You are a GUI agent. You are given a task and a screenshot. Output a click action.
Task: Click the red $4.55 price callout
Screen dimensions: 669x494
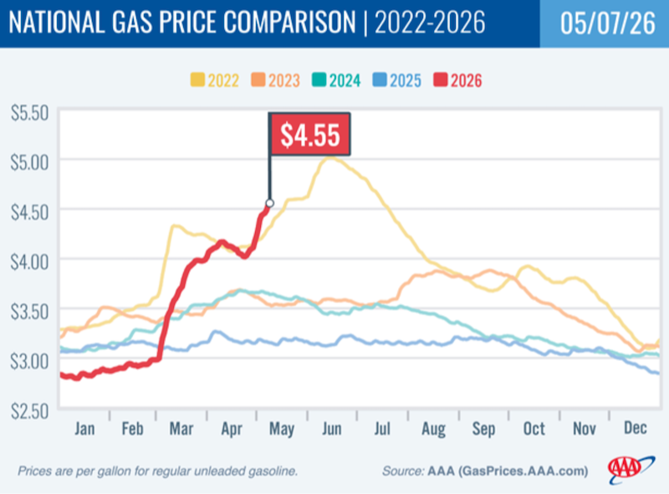click(309, 135)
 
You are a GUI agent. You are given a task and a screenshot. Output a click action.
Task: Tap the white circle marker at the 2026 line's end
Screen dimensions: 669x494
click(269, 203)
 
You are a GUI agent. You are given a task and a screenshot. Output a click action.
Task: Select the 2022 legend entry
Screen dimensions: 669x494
click(215, 80)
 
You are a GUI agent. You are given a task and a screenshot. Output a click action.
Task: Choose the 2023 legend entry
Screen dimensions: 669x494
click(276, 80)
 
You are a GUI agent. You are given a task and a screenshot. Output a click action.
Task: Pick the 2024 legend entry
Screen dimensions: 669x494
click(336, 80)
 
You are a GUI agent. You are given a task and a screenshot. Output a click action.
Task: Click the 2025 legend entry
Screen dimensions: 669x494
click(396, 80)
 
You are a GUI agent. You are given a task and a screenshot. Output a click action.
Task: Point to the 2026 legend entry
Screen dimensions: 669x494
click(457, 80)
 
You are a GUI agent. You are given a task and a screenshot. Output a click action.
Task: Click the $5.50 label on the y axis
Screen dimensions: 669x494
click(30, 113)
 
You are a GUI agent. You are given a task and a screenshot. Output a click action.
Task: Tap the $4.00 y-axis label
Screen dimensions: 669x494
click(30, 262)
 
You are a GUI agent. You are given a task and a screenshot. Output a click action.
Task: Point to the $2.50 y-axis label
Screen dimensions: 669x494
click(30, 410)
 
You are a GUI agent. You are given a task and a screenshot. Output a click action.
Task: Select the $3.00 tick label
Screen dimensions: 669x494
click(30, 361)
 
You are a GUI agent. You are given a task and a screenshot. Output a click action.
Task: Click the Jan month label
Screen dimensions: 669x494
click(84, 428)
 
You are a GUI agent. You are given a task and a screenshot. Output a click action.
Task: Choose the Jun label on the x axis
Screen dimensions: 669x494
click(331, 428)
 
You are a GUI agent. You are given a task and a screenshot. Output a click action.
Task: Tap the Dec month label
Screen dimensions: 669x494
click(636, 428)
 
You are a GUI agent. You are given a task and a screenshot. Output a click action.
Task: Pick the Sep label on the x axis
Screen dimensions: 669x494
click(484, 429)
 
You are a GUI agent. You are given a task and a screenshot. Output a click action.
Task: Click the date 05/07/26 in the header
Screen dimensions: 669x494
click(608, 23)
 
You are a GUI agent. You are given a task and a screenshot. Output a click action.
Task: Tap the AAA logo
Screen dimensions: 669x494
click(630, 470)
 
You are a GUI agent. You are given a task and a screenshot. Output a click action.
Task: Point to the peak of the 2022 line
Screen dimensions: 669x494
click(329, 158)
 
